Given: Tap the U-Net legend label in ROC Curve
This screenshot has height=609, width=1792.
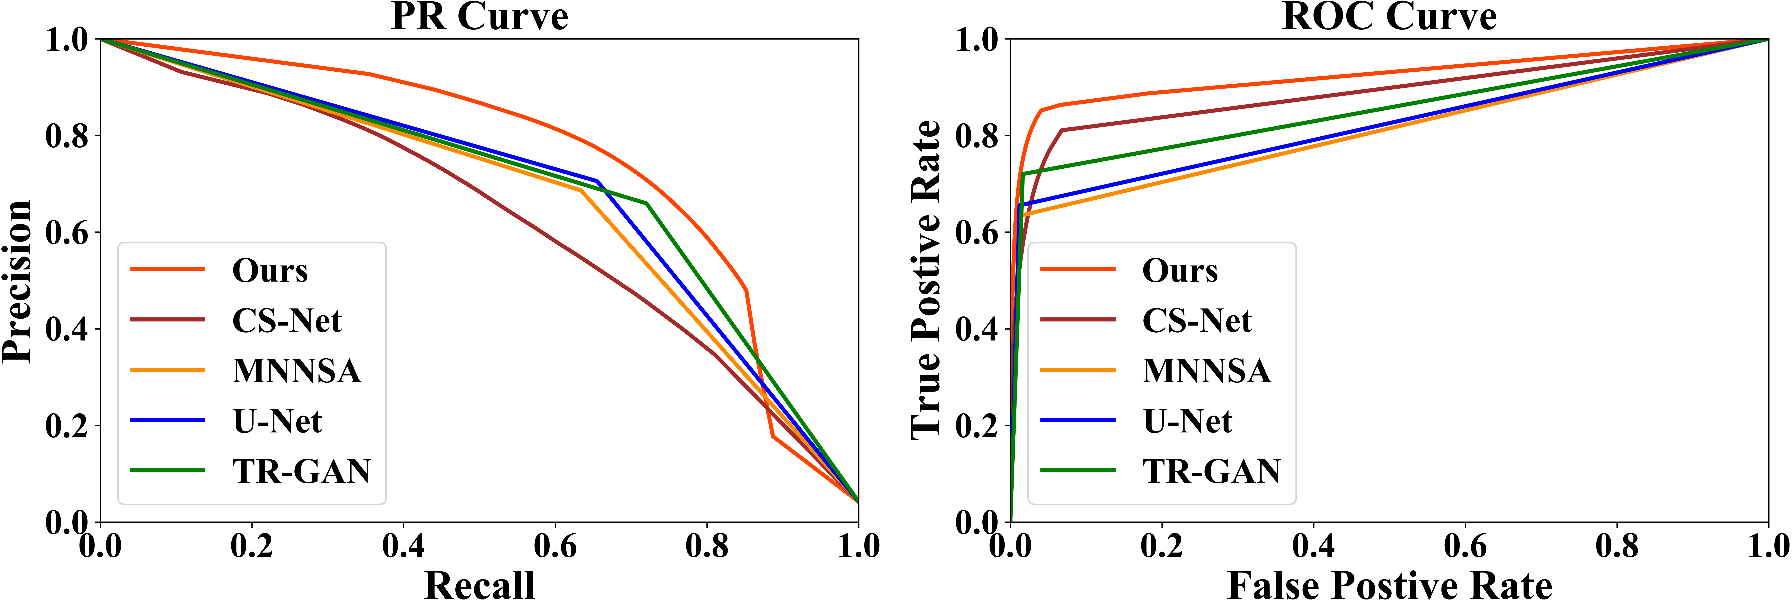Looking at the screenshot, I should point(1187,421).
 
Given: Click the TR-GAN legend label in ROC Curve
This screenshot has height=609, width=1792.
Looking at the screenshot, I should point(1211,471).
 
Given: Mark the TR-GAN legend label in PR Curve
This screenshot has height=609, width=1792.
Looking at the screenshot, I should point(301,471).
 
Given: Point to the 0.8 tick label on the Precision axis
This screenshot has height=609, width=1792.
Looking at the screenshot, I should point(67,136).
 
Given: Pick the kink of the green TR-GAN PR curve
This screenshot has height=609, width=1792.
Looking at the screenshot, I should point(647,203).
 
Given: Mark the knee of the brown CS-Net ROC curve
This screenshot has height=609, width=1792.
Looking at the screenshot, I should point(1062,130).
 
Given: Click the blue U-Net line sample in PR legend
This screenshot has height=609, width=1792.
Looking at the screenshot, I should point(168,420).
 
